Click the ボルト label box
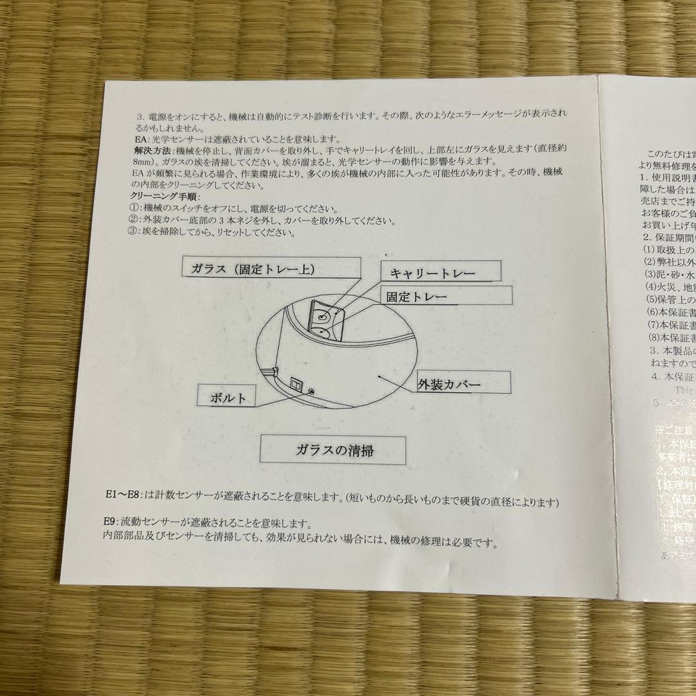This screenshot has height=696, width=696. click(225, 396)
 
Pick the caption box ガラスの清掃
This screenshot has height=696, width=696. click(333, 450)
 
